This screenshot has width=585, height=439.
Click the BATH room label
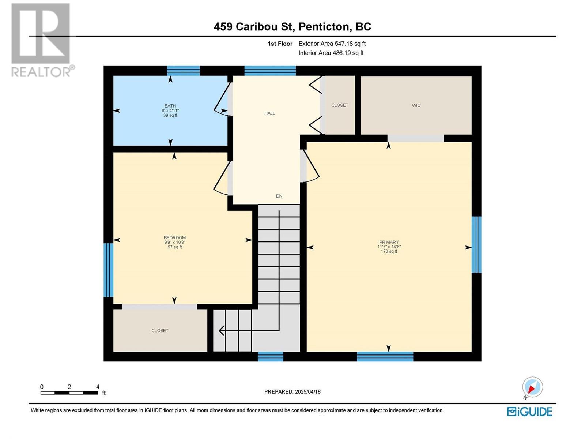point(170,106)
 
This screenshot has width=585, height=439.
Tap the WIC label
point(416,106)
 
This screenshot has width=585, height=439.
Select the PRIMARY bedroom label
point(389,242)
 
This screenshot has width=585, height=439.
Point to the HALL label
point(270,113)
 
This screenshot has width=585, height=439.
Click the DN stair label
point(279,196)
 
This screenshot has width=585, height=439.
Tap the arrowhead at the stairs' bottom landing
point(222,331)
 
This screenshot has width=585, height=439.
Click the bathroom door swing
point(222,99)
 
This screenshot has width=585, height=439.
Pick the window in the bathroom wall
point(184,71)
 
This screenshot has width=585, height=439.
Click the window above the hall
point(270,71)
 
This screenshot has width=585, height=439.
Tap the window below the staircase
point(271,357)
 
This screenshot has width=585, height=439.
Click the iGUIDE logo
point(529,412)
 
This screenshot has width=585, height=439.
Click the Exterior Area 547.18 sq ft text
point(332,44)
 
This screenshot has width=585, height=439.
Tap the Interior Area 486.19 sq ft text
point(331,53)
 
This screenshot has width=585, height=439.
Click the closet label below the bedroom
point(160,331)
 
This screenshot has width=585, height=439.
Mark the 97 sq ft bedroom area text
point(175,247)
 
